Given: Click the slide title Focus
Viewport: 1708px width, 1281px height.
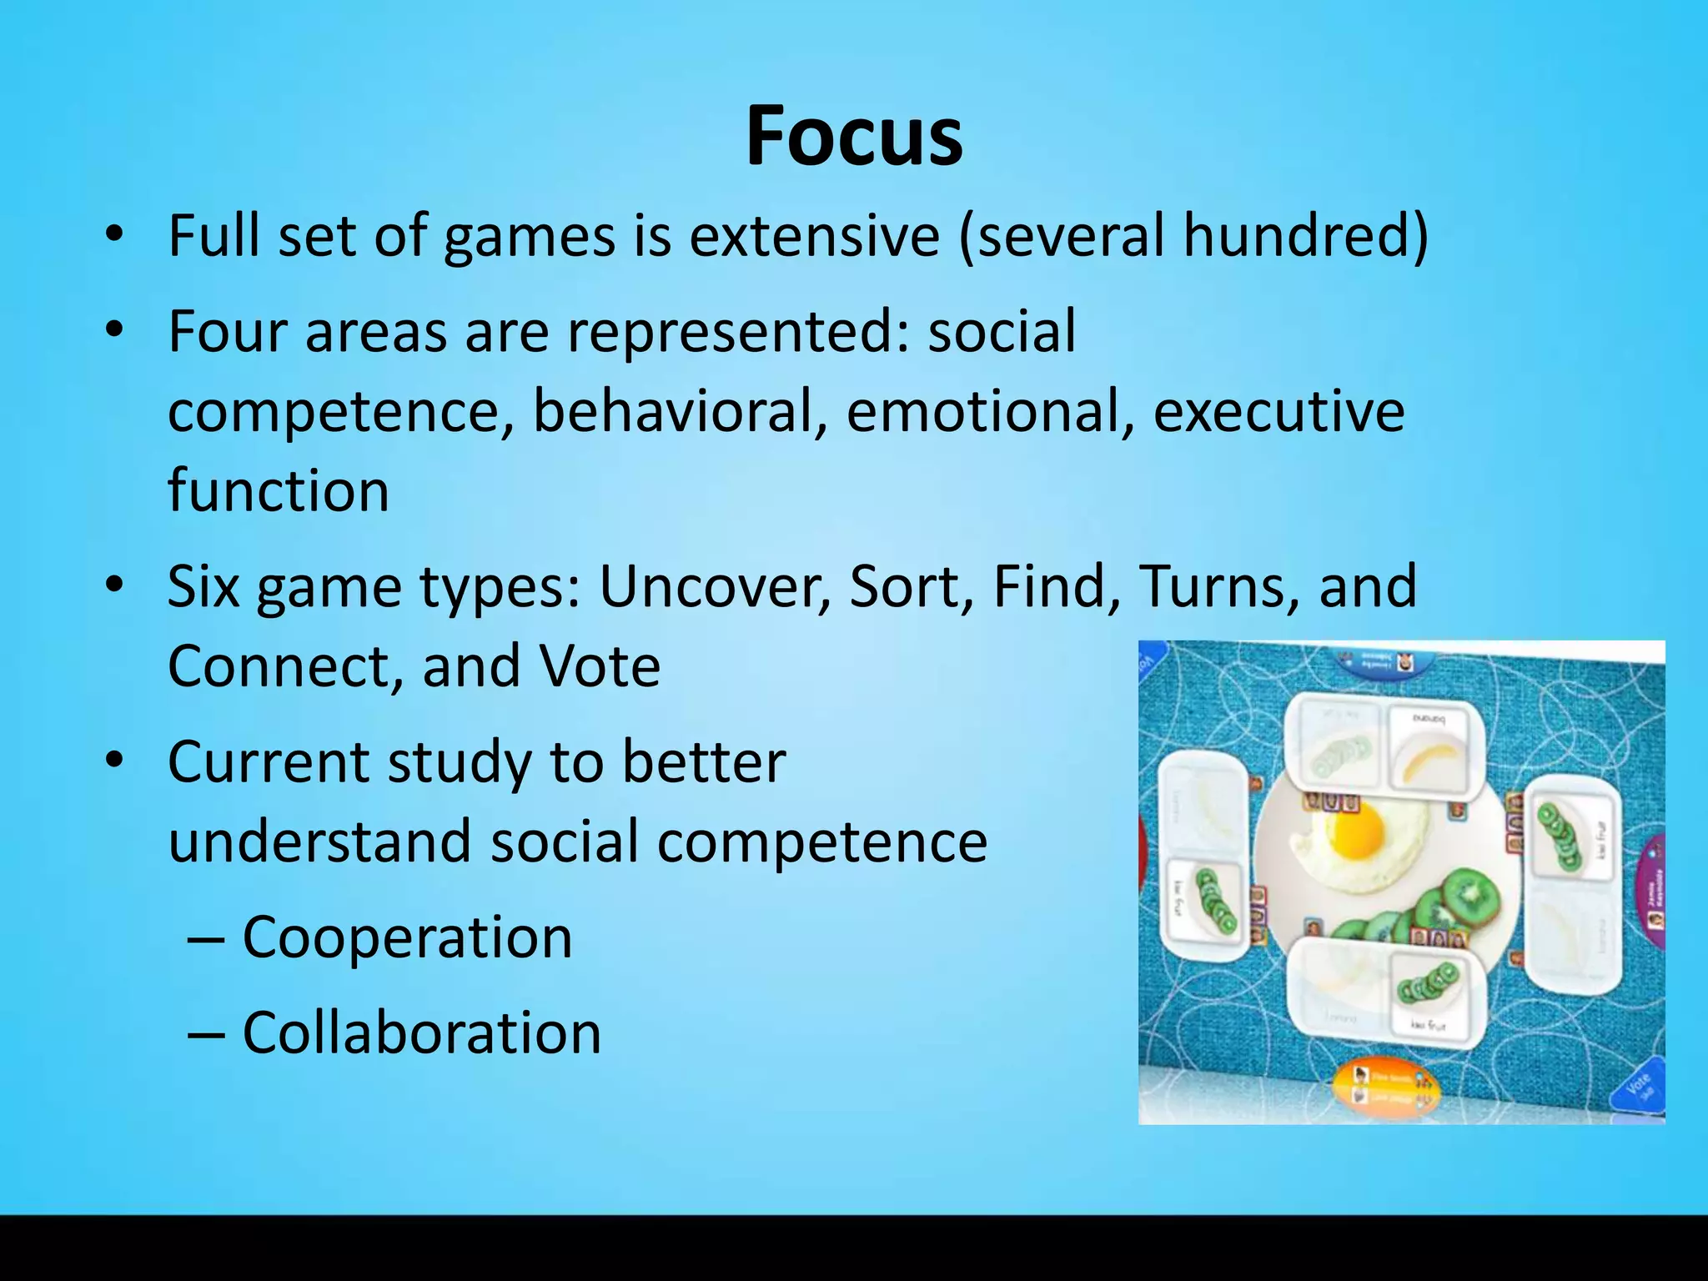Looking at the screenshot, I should (x=854, y=136).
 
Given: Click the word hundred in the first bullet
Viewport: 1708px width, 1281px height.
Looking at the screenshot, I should (x=1304, y=236).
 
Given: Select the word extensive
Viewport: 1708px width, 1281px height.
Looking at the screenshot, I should (x=814, y=236).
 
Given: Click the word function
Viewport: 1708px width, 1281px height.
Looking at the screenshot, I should (x=279, y=490).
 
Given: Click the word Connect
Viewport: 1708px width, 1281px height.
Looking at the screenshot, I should (x=283, y=666).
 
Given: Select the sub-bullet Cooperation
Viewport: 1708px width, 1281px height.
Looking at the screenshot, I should (x=407, y=937).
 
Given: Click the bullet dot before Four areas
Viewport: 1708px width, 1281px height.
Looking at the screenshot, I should (x=115, y=329).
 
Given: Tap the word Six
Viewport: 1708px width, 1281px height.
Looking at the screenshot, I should (x=202, y=586).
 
